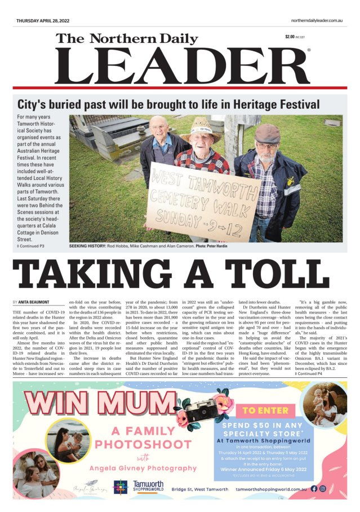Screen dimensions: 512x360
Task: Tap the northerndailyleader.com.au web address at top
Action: [x=317, y=20]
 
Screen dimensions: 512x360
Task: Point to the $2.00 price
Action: [x=291, y=37]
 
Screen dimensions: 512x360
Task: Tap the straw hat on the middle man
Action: [x=199, y=129]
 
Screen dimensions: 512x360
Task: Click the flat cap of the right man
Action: [x=267, y=133]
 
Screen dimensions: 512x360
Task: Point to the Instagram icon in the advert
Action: [x=338, y=488]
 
